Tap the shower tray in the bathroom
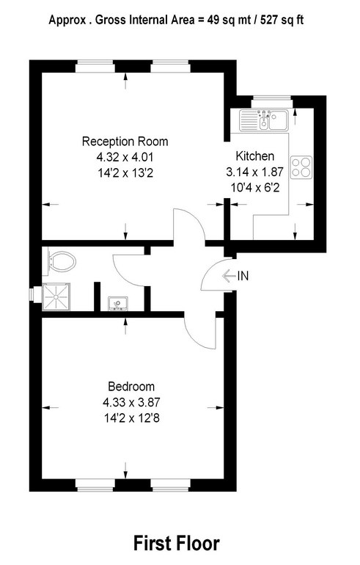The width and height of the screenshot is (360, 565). (56, 296)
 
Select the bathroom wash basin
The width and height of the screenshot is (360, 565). (118, 304)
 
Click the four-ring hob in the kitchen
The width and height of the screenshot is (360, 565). (301, 167)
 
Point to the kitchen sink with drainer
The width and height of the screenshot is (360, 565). (264, 120)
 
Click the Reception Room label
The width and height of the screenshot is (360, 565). (125, 141)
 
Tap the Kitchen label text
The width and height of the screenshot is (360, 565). (255, 156)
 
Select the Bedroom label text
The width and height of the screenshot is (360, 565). (131, 387)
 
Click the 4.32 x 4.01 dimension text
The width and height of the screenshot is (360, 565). (125, 157)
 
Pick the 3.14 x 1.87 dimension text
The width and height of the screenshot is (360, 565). (255, 172)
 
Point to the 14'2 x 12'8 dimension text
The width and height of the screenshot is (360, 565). (131, 418)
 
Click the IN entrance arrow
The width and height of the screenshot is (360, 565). (229, 276)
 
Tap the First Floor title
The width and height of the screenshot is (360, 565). (177, 544)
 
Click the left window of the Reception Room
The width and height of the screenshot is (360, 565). (95, 66)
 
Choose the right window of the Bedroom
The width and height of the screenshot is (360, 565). (170, 485)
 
